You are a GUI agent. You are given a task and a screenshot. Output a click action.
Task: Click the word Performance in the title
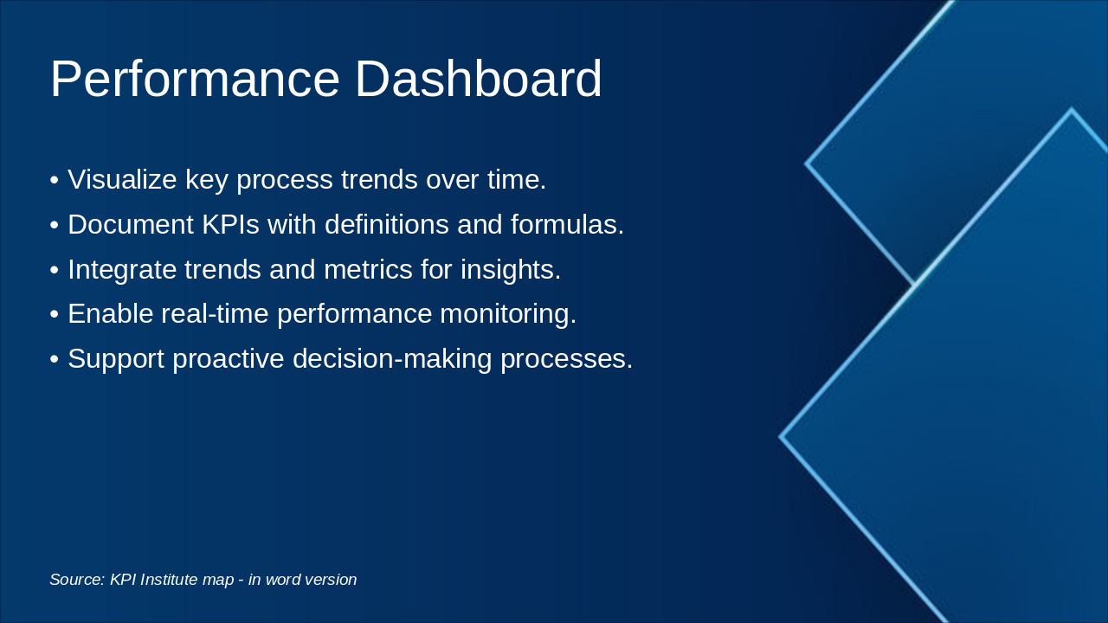pyautogui.click(x=195, y=79)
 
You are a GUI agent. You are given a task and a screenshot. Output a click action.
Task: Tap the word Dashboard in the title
pyautogui.click(x=479, y=79)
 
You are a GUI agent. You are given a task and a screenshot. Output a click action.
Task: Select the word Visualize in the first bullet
pyautogui.click(x=122, y=179)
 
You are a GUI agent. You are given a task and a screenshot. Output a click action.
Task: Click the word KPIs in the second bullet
pyautogui.click(x=230, y=224)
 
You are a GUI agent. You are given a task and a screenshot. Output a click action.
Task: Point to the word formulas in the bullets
pyautogui.click(x=567, y=224)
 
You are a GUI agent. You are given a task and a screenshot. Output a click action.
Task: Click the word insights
pyautogui.click(x=511, y=269)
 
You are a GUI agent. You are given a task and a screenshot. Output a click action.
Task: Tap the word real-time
pyautogui.click(x=215, y=313)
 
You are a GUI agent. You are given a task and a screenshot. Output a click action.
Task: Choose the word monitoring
pyautogui.click(x=508, y=314)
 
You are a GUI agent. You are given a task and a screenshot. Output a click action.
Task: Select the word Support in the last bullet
pyautogui.click(x=116, y=359)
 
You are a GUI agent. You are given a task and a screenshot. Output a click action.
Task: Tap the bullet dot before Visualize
pyautogui.click(x=55, y=180)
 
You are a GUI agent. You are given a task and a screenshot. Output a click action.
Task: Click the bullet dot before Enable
pyautogui.click(x=55, y=314)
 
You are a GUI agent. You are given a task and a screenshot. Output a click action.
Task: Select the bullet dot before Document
pyautogui.click(x=55, y=225)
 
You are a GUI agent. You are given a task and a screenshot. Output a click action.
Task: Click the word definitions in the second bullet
pyautogui.click(x=387, y=224)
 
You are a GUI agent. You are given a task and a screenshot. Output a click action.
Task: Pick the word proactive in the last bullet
pyautogui.click(x=229, y=359)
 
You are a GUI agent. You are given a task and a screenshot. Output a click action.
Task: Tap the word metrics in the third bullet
pyautogui.click(x=368, y=269)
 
